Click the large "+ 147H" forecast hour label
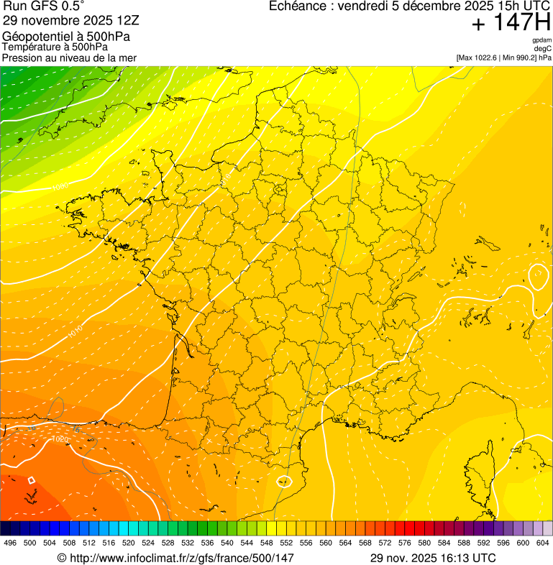pos(511,24)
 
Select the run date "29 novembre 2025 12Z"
pos(65,20)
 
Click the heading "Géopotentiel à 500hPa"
pos(66,37)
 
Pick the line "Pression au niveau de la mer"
pos(69,58)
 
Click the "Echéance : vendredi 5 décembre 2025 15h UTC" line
pos(409,6)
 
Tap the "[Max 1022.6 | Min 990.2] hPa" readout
pos(503,58)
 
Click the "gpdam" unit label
pos(541,40)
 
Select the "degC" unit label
pos(542,49)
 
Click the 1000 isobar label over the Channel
pos(60,187)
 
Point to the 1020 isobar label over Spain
pos(60,438)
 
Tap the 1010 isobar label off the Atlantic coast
pos(75,331)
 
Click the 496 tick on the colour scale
pos(10,543)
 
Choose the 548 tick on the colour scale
pos(266,543)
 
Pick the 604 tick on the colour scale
pos(542,543)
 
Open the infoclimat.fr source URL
pos(175,558)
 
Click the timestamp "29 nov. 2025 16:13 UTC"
pos(432,558)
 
